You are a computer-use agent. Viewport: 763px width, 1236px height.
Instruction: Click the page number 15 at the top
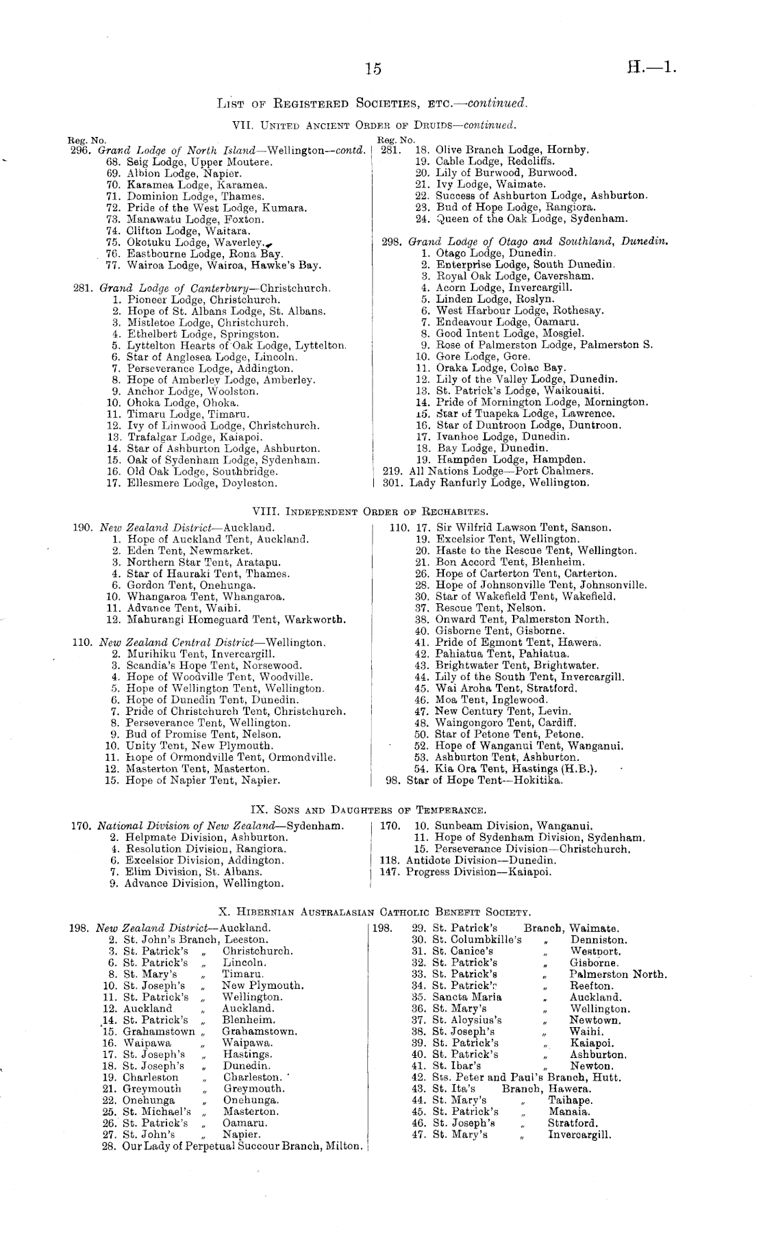coord(373,68)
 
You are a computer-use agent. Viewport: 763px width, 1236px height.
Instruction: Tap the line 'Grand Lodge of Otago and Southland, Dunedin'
coord(538,242)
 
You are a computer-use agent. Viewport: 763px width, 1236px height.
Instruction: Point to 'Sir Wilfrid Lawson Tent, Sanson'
coord(523,527)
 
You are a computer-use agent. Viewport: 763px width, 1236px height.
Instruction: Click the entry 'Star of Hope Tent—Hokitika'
coord(484,780)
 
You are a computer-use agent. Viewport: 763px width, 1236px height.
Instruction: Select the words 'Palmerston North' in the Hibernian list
coord(618,974)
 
